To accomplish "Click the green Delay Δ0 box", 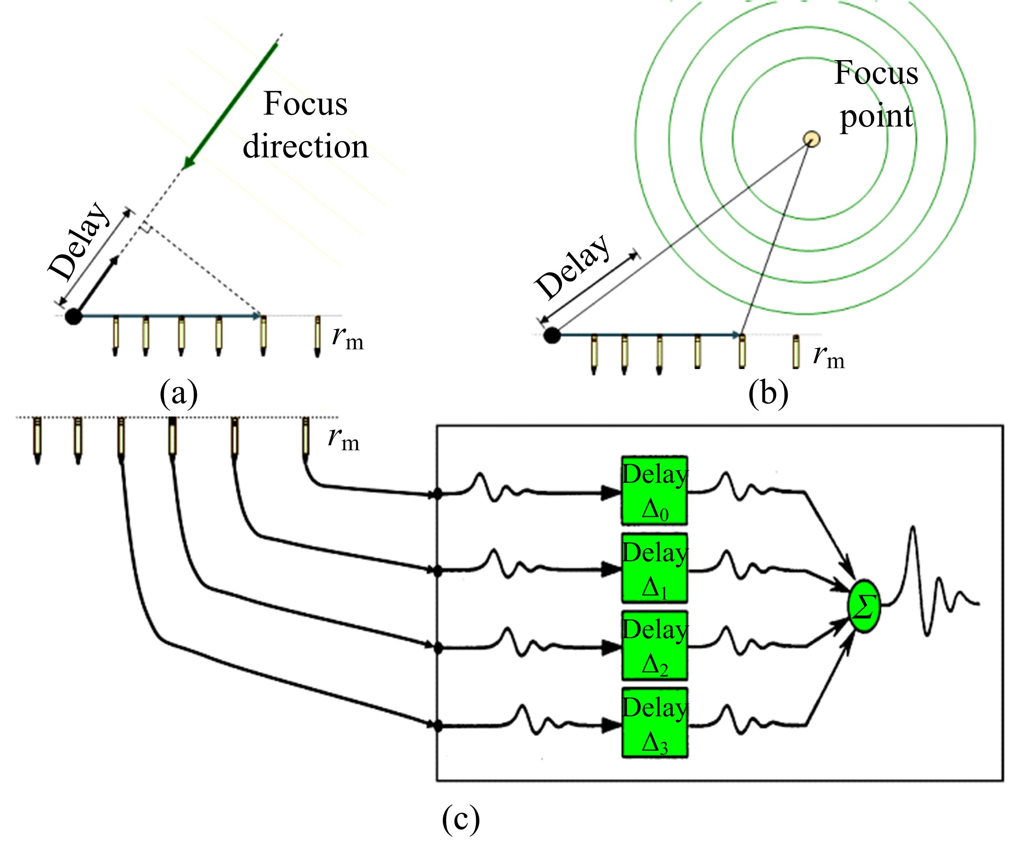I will [x=654, y=490].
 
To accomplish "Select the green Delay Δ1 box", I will [x=654, y=568].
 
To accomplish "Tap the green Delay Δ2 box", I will [x=654, y=646].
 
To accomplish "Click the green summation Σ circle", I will [x=864, y=606].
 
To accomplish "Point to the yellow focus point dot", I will [x=812, y=139].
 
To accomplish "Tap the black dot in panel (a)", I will [x=73, y=316].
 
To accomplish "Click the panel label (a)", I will [x=178, y=393].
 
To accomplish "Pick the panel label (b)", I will [x=768, y=393].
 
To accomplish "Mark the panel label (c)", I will [x=461, y=820].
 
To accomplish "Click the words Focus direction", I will [x=305, y=125].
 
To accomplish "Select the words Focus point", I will [x=876, y=94].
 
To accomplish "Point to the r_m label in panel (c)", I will [x=344, y=439].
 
